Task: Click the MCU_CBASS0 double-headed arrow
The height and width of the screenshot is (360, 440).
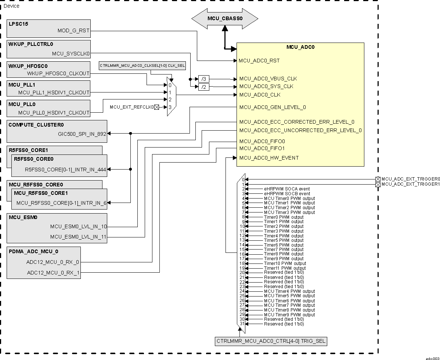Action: [x=225, y=18]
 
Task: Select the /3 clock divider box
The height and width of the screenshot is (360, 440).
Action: [x=203, y=79]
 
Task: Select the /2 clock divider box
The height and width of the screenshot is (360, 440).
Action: [x=203, y=87]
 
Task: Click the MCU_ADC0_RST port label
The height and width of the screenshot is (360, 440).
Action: [x=259, y=61]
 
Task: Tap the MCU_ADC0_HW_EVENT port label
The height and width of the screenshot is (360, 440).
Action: [x=269, y=158]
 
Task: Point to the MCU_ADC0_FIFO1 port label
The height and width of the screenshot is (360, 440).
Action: [x=262, y=148]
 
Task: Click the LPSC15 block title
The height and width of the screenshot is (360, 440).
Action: [x=18, y=24]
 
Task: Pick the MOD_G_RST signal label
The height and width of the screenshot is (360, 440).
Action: [x=73, y=31]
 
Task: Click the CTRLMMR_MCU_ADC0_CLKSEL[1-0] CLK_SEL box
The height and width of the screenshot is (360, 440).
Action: [x=143, y=66]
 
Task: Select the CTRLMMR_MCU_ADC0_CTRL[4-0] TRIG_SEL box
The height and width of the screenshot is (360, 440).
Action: [x=271, y=341]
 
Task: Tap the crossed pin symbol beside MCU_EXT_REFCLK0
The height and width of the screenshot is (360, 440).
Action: [x=157, y=107]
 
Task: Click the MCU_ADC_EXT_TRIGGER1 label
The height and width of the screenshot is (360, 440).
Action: [x=410, y=184]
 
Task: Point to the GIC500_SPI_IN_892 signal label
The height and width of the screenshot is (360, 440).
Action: [x=82, y=134]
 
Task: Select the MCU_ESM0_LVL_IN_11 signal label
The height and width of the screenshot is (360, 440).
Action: [x=78, y=237]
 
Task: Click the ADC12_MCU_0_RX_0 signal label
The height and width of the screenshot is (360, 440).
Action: [x=53, y=262]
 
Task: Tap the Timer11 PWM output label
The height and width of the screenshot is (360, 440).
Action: [x=285, y=268]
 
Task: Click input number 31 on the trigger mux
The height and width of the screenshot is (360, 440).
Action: [x=242, y=324]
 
